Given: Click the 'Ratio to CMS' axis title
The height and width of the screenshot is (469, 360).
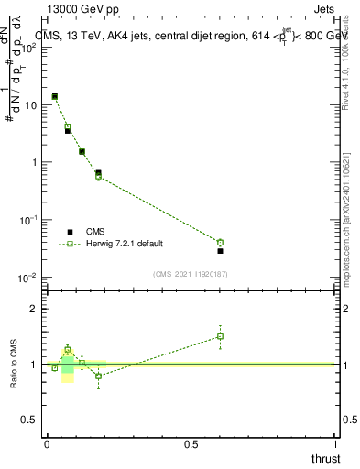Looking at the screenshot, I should [x=14, y=365].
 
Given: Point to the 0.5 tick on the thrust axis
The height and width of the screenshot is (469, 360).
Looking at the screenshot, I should [x=191, y=443].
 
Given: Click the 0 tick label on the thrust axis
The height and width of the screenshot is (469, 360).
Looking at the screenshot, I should [x=47, y=443].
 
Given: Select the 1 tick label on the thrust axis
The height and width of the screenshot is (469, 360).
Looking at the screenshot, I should [x=336, y=443].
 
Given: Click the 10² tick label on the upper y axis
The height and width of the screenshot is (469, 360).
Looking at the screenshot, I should [x=29, y=48].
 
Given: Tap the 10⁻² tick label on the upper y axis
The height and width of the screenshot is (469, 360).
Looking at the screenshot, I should [x=29, y=278].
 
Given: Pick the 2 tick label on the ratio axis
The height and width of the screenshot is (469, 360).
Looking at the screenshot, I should [x=35, y=309].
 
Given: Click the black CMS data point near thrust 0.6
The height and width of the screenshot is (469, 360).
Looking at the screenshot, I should [x=220, y=251].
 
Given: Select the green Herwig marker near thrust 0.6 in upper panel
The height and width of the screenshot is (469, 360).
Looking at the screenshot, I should [x=220, y=243].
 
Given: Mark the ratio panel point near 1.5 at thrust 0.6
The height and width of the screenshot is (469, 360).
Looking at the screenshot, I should [x=220, y=336].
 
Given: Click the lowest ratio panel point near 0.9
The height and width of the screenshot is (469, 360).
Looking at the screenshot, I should [x=98, y=376].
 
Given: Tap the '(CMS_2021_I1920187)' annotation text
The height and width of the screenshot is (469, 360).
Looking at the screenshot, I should [x=191, y=274].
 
